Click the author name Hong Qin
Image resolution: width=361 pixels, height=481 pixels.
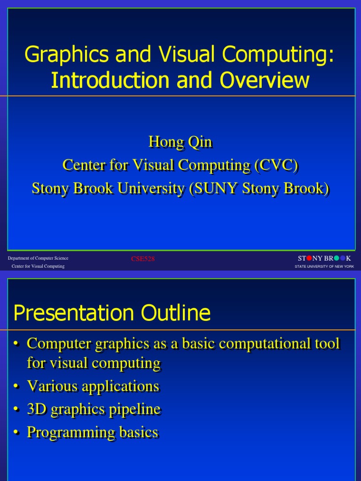point(180,141)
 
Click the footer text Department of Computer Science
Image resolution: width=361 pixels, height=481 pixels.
point(38,258)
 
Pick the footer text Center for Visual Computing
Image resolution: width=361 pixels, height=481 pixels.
point(38,266)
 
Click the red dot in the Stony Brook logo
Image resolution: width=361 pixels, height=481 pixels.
point(309,258)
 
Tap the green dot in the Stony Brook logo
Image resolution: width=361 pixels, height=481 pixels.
point(336,258)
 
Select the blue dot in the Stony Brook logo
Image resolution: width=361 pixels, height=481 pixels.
point(343,258)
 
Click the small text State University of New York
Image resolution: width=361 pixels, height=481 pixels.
point(324,266)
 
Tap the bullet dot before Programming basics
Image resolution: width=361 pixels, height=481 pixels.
point(16,433)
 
